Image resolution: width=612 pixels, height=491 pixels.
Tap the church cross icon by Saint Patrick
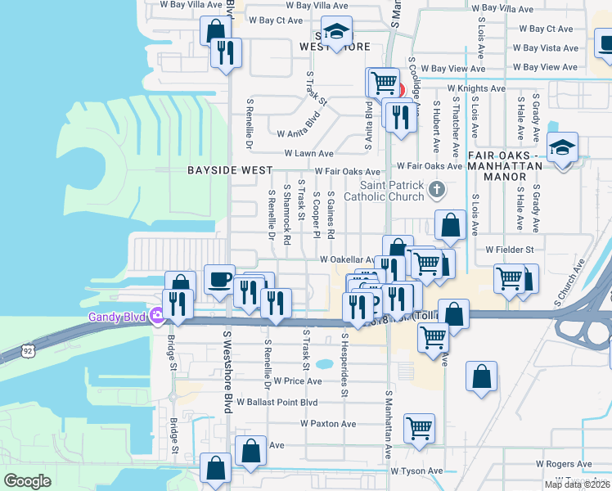[x=437, y=190]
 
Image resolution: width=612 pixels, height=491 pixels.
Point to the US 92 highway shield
[x=7, y=351]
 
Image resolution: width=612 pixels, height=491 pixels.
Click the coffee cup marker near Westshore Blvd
[x=219, y=280]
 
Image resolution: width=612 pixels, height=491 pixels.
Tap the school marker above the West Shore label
[x=335, y=32]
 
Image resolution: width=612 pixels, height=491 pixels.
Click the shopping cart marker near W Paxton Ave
[x=419, y=427]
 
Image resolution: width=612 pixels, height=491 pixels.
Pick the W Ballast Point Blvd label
[x=277, y=403]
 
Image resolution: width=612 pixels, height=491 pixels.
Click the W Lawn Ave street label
[x=308, y=153]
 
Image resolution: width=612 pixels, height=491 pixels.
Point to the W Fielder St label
[x=509, y=249]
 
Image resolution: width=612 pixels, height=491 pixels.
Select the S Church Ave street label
[x=569, y=283]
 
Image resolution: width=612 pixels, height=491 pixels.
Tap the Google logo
[x=27, y=481]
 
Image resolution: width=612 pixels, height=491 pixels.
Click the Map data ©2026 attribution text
[x=577, y=484]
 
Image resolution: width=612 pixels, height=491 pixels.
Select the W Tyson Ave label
[x=416, y=471]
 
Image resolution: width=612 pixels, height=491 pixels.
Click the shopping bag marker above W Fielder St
[x=450, y=224]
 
